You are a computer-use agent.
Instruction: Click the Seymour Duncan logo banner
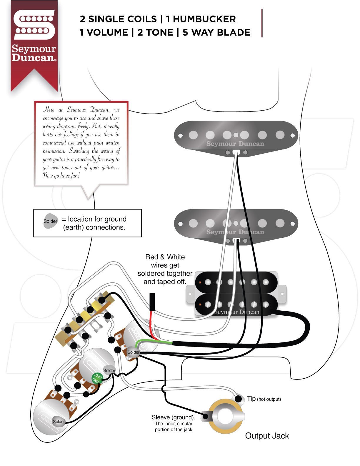click(34, 41)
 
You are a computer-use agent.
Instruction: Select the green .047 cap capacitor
click(97, 378)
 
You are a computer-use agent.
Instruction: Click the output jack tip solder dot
click(238, 399)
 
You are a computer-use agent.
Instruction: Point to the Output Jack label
click(267, 436)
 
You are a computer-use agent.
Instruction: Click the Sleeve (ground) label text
click(173, 417)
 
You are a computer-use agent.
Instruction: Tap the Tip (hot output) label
click(264, 399)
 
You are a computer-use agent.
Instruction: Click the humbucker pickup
click(236, 294)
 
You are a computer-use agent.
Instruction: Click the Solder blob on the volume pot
click(133, 352)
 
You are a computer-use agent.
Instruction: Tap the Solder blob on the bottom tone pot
click(59, 422)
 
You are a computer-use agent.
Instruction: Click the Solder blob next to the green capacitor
click(109, 371)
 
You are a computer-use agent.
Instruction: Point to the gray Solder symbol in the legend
click(51, 221)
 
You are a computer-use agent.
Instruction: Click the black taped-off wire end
click(152, 302)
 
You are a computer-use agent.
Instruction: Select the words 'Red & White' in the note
click(165, 257)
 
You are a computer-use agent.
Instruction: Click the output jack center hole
click(225, 417)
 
